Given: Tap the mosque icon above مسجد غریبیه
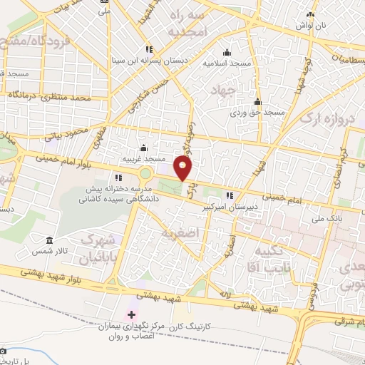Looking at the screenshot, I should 143,148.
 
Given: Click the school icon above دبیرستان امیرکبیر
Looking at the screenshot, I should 229,195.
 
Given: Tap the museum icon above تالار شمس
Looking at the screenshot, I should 49,242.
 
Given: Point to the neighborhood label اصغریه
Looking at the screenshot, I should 178,233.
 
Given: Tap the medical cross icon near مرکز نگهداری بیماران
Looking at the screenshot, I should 131,314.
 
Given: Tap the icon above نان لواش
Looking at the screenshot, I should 309,14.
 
